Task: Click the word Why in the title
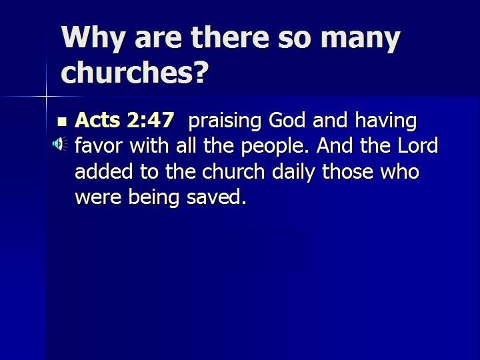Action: (x=93, y=38)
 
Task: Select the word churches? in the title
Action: (x=135, y=71)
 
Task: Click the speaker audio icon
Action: (x=60, y=144)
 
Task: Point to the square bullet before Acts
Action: (x=62, y=121)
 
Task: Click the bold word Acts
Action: (x=97, y=120)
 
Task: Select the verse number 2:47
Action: (x=150, y=120)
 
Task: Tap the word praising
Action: (x=225, y=121)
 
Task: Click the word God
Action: (x=287, y=120)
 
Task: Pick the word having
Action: (x=386, y=121)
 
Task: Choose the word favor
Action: (x=98, y=146)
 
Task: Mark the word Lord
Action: (x=418, y=145)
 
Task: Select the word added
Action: (x=104, y=171)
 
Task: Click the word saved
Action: (x=217, y=197)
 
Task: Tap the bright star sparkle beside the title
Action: (x=47, y=97)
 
